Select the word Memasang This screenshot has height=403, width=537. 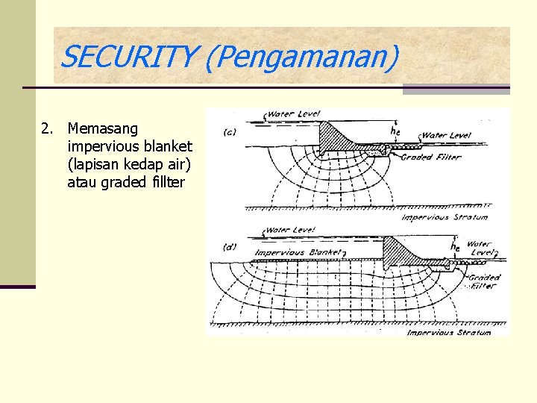click(x=103, y=129)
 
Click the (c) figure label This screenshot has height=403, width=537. click(x=230, y=132)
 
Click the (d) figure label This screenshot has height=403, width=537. click(x=230, y=246)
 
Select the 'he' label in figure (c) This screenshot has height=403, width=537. click(x=395, y=129)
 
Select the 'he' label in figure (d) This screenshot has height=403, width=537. click(x=455, y=245)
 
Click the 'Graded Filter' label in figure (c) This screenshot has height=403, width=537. click(x=431, y=157)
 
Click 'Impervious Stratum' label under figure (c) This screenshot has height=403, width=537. click(x=445, y=217)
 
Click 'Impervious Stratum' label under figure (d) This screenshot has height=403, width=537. click(x=449, y=332)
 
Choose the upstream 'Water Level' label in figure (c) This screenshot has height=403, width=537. click(x=293, y=114)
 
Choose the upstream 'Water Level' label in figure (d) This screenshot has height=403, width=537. click(x=290, y=231)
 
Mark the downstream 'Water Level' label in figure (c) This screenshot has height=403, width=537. click(x=446, y=136)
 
